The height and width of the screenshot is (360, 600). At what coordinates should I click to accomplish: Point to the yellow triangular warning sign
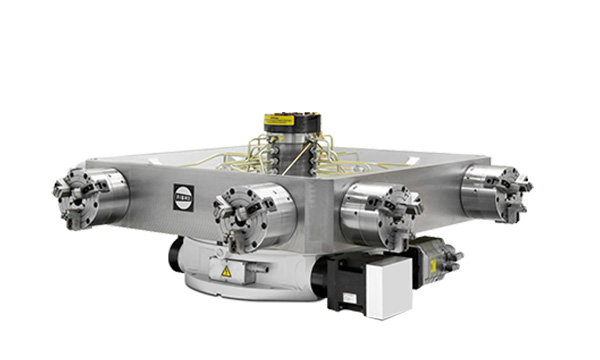point(226,271)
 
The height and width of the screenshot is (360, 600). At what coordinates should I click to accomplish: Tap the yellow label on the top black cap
point(279,120)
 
